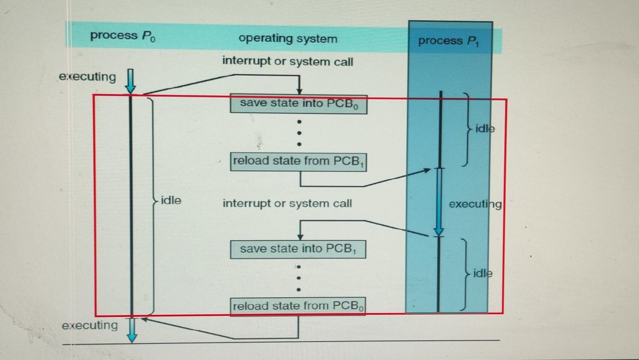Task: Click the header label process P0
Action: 123,36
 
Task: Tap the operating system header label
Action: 288,39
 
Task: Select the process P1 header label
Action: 448,41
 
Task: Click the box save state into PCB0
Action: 299,104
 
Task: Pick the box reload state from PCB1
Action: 298,161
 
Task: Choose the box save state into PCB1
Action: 298,249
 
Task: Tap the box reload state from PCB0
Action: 298,306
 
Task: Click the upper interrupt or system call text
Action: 287,61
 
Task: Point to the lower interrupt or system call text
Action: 287,204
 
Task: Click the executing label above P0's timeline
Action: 87,77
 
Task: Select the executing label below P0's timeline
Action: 90,325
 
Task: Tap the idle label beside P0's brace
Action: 171,201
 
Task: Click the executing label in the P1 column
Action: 475,204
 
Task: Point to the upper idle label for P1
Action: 485,129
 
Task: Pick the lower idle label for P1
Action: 483,274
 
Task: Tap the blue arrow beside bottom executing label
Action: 132,330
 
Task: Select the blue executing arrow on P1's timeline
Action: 439,202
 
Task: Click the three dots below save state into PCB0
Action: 299,133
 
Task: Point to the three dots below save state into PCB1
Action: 299,278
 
